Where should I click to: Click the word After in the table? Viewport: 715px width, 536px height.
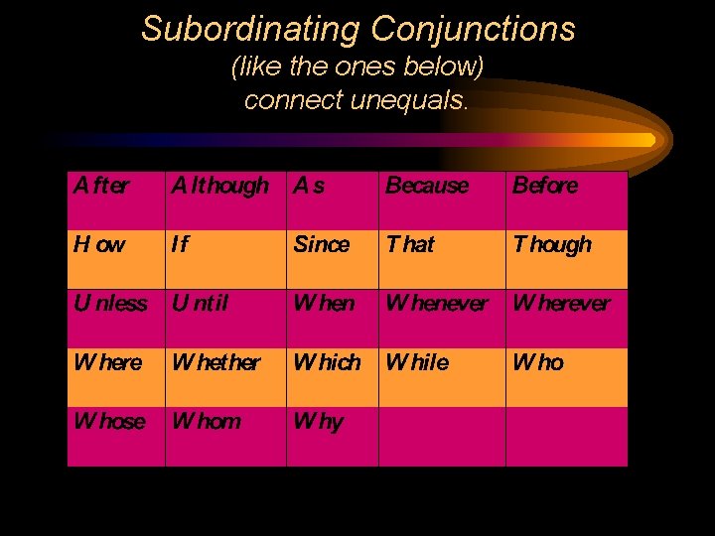click(x=100, y=186)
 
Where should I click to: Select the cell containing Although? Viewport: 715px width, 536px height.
click(x=219, y=186)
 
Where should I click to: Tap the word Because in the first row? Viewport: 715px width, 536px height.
click(x=427, y=186)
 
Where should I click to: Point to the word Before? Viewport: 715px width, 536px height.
click(x=545, y=186)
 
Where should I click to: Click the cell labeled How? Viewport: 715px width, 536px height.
click(x=99, y=244)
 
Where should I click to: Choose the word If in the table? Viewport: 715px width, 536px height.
click(x=182, y=244)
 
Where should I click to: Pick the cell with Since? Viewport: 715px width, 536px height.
click(x=322, y=244)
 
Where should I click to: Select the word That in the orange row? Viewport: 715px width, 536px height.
click(x=410, y=244)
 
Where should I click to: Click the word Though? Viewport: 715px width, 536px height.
click(x=552, y=244)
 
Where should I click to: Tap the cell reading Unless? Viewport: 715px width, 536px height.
click(x=110, y=304)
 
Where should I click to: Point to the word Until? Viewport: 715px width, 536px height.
click(x=200, y=304)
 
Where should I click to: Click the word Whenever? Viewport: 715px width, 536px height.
click(x=437, y=304)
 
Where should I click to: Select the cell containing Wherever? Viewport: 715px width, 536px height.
click(x=562, y=304)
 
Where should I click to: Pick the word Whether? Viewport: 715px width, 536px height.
click(x=216, y=363)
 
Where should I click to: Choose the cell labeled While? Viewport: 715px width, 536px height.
click(x=417, y=363)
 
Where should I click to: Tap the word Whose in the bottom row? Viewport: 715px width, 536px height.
click(x=109, y=422)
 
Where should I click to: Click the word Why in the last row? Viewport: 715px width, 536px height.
click(x=318, y=422)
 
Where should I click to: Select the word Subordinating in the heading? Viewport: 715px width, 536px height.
click(x=249, y=29)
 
